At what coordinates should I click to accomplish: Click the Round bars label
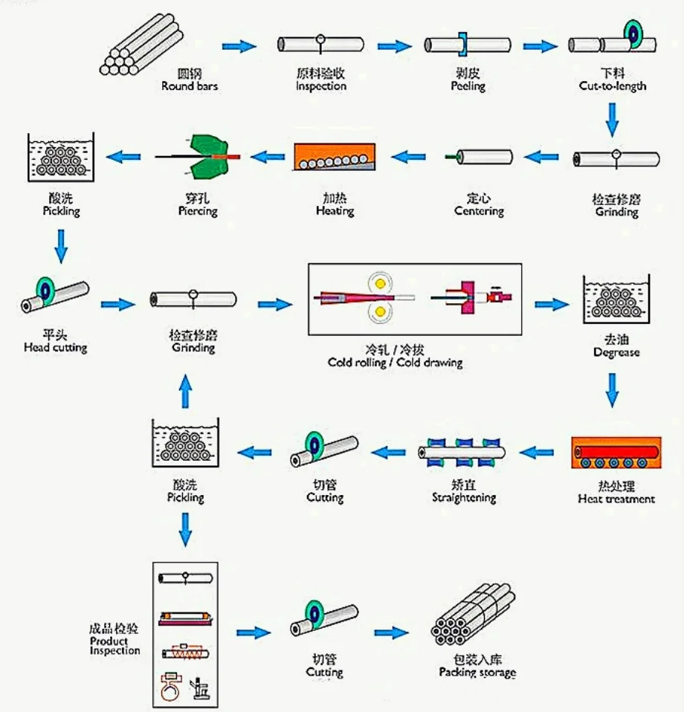pyautogui.click(x=190, y=81)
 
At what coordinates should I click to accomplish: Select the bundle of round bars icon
pyautogui.click(x=141, y=46)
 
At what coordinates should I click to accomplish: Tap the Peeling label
pyautogui.click(x=468, y=81)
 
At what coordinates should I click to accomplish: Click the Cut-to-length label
pyautogui.click(x=613, y=81)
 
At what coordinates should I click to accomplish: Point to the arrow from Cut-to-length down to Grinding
pyautogui.click(x=612, y=119)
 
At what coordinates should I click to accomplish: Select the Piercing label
pyautogui.click(x=198, y=205)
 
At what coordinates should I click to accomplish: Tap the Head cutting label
pyautogui.click(x=55, y=342)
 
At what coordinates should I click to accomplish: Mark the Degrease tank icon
pyautogui.click(x=616, y=301)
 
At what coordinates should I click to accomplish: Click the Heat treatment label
pyautogui.click(x=616, y=493)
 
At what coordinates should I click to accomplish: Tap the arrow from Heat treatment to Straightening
pyautogui.click(x=536, y=451)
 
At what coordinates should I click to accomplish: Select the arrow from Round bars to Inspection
pyautogui.click(x=239, y=46)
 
